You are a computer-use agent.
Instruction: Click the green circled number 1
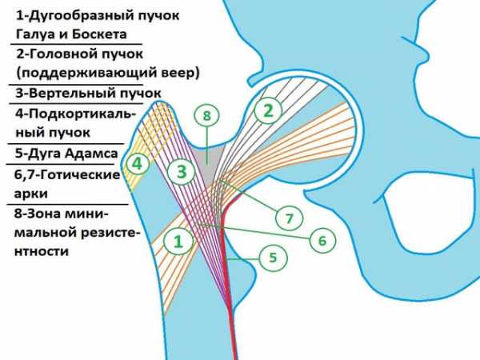tap(178, 242)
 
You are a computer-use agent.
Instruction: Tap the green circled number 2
tap(268, 110)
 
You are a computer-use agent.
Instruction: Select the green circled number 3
tap(182, 171)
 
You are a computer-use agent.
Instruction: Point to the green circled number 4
tap(137, 163)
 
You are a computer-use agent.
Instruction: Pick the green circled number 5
tap(273, 258)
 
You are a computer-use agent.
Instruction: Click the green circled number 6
tap(322, 240)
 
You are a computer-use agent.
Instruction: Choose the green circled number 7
tap(290, 218)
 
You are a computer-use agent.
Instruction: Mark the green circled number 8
tap(207, 116)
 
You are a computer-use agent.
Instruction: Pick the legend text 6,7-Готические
tap(67, 174)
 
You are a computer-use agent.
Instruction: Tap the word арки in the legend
tap(31, 194)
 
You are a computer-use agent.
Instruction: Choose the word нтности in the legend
tap(41, 252)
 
